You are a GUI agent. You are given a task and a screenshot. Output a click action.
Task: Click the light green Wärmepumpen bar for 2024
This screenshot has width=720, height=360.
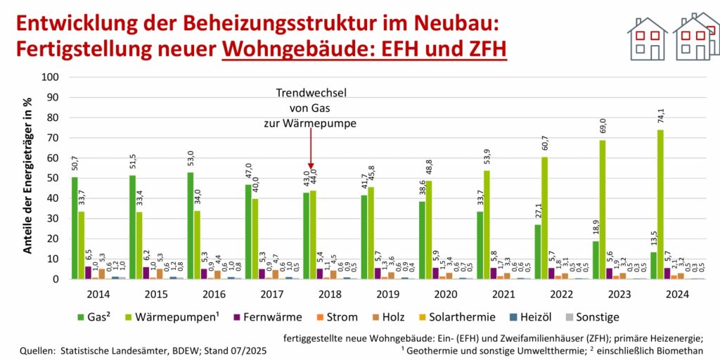[660, 204]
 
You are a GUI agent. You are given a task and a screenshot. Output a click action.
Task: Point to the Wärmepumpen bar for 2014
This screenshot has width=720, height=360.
[82, 245]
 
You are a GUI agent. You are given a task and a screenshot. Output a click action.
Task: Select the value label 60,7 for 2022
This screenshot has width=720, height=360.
[545, 146]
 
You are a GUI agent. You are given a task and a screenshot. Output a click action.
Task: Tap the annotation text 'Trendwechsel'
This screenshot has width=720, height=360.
[310, 93]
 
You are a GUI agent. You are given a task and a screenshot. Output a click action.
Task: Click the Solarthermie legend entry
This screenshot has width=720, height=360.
[441, 316]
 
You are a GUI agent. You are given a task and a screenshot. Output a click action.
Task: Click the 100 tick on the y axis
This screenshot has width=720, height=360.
[49, 77]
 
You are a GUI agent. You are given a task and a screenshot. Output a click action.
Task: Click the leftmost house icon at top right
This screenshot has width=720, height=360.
[647, 39]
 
